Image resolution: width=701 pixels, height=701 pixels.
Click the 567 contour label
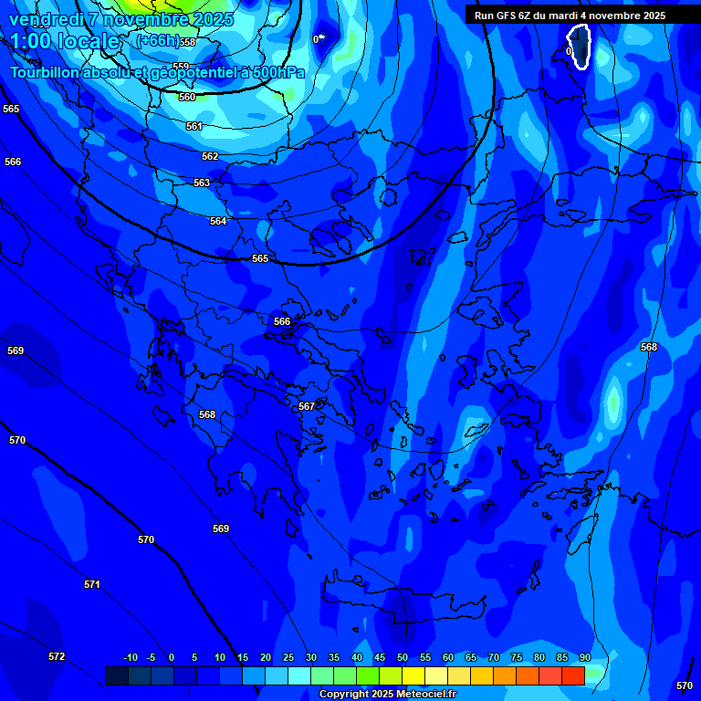pos(307,406)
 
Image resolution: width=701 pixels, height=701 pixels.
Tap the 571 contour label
pos(91,584)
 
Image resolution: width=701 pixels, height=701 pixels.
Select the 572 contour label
pos(57,656)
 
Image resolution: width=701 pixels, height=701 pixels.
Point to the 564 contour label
pos(218,222)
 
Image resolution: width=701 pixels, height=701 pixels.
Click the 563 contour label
pos(202,183)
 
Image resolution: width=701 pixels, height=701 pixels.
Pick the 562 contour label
pos(210,156)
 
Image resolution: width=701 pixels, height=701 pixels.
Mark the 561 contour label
pos(194,127)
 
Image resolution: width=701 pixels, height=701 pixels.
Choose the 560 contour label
pos(187,97)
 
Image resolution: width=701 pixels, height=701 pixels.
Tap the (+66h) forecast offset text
pos(156,41)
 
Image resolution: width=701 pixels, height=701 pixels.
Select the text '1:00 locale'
pos(65,42)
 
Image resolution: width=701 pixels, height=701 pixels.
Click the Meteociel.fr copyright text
pos(386,695)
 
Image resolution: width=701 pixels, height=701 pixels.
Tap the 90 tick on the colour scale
pos(584,657)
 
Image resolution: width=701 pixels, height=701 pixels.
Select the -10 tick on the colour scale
pos(130,657)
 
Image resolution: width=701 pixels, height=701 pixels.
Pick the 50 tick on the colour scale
pos(403,657)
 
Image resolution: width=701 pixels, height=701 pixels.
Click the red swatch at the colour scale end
pos(572,675)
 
